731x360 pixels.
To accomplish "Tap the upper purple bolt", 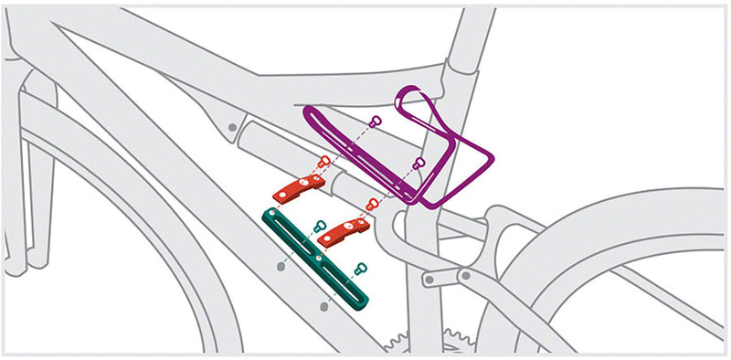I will tap(375, 122).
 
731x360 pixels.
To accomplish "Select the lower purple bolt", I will tap(419, 164).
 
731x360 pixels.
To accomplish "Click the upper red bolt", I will tap(323, 162).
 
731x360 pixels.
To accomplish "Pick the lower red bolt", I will tap(370, 203).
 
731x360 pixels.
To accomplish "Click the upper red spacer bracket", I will tap(299, 188).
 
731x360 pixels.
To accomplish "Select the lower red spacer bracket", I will tap(344, 232).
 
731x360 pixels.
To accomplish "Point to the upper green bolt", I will tap(319, 226).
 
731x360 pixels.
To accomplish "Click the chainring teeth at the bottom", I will tap(402, 343).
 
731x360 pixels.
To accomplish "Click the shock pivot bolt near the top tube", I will tap(233, 126).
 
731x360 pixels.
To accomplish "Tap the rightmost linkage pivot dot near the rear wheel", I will tap(465, 273).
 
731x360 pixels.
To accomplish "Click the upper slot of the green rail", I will tap(291, 236).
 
